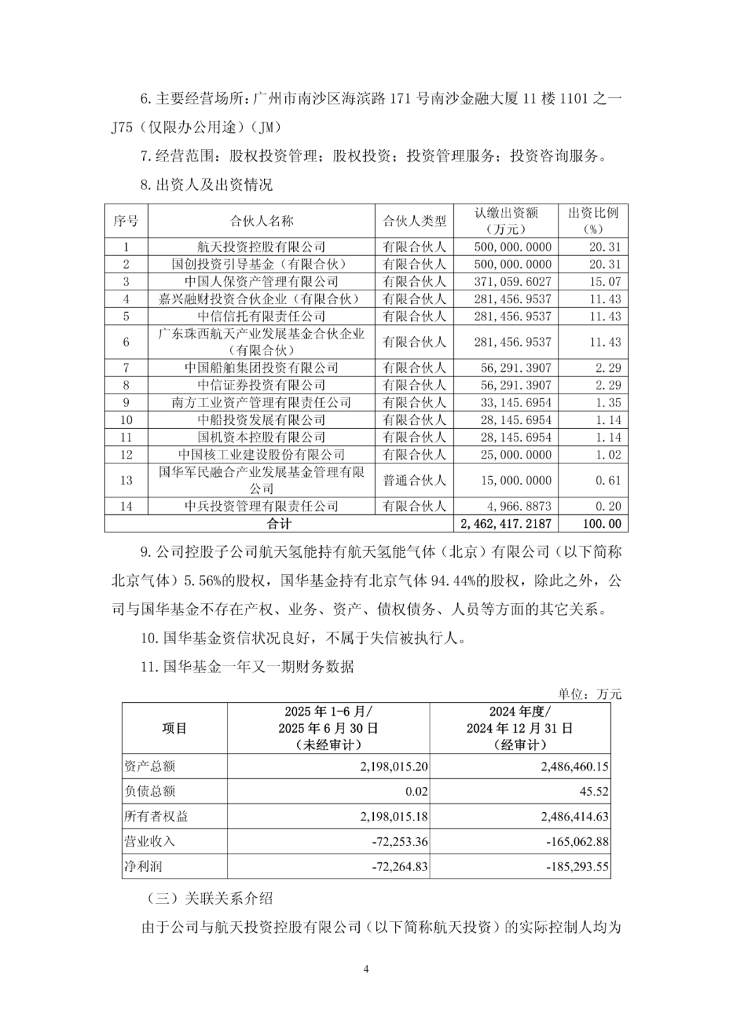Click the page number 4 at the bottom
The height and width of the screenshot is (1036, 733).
(366, 969)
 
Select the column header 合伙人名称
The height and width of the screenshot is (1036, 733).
(261, 220)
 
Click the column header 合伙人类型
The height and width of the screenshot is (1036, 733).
(414, 220)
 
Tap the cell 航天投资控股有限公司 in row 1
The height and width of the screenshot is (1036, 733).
(261, 247)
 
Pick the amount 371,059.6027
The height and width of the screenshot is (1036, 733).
(512, 282)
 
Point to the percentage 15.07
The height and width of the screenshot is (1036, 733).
(605, 282)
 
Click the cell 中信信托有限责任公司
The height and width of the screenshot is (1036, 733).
(261, 316)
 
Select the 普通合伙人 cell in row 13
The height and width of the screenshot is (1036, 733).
(414, 480)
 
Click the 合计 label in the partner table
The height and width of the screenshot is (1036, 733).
(278, 524)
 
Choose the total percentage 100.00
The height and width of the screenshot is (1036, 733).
(602, 524)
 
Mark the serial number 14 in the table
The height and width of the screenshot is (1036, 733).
(126, 506)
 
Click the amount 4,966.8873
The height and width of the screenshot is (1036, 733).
(516, 506)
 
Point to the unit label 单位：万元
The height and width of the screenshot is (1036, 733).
(590, 693)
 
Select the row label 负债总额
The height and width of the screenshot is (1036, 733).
(150, 791)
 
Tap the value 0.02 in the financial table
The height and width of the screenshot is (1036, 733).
(417, 791)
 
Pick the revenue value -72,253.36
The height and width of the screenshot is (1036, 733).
(400, 841)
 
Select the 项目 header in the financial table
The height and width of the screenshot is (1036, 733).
(174, 728)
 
